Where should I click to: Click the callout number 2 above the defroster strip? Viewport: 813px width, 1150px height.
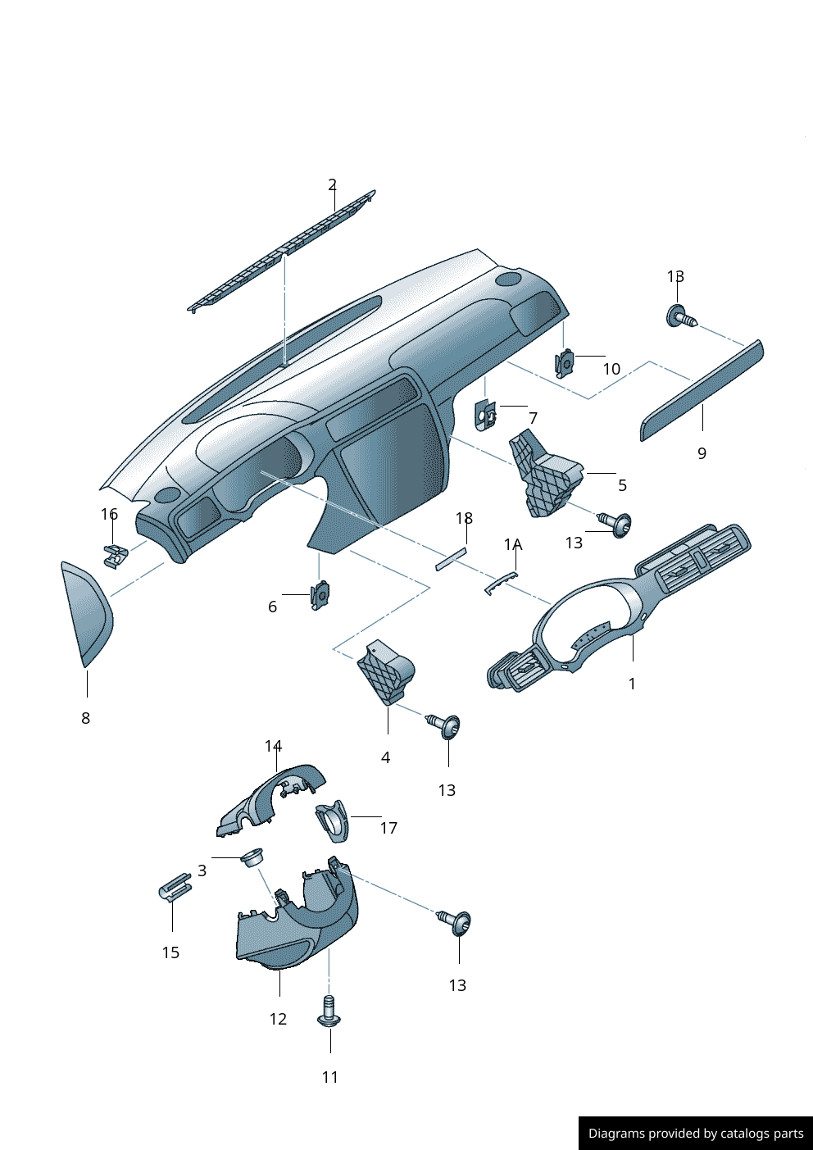click(332, 184)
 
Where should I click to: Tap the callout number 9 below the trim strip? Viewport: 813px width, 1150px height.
click(702, 453)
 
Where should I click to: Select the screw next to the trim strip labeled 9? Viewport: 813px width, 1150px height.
click(680, 316)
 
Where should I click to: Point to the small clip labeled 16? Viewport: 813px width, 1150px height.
click(116, 555)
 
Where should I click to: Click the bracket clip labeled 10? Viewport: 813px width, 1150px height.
click(565, 362)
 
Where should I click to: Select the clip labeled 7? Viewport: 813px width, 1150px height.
click(485, 416)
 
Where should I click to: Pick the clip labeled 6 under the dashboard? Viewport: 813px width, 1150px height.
click(320, 594)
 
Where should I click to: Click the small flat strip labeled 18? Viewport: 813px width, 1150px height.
click(450, 560)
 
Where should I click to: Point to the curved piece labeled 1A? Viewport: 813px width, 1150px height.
click(502, 583)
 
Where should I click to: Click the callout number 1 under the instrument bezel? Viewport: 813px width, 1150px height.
click(632, 684)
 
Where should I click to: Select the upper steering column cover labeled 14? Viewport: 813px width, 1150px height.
click(270, 799)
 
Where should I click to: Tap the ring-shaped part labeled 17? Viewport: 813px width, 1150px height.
click(333, 820)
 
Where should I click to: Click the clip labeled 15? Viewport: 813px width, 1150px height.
click(175, 887)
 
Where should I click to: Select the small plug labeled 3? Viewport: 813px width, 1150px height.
click(251, 857)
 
